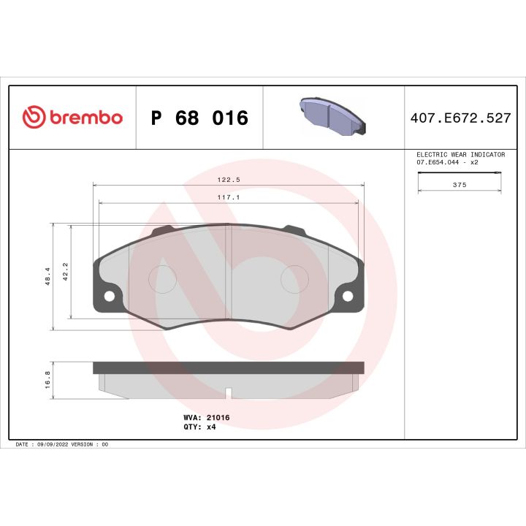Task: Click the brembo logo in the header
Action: (x=72, y=118)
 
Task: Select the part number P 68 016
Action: (x=199, y=118)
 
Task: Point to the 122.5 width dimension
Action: (x=229, y=179)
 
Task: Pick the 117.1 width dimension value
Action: (x=229, y=197)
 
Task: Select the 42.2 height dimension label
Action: (x=65, y=271)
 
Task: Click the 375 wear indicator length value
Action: (x=460, y=186)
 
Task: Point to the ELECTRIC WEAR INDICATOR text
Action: (x=460, y=155)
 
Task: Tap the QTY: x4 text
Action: (x=199, y=427)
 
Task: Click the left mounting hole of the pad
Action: (x=110, y=296)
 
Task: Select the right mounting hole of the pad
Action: (x=348, y=296)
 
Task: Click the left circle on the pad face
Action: (x=162, y=277)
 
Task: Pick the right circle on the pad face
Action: (x=296, y=277)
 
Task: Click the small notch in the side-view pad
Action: (x=229, y=394)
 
